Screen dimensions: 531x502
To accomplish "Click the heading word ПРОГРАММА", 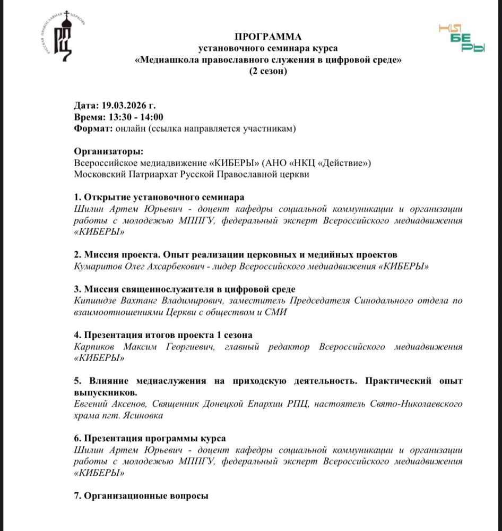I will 267,37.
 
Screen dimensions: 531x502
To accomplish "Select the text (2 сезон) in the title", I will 268,72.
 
